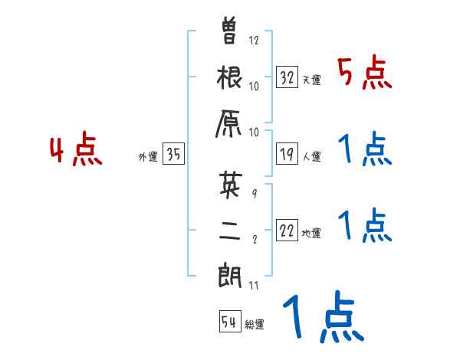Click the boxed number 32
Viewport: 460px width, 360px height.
tap(287, 77)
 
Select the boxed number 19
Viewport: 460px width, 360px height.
tap(287, 153)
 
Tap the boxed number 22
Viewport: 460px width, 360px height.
tap(287, 230)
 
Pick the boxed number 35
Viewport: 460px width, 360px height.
tap(174, 155)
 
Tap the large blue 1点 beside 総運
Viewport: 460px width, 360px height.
tap(322, 318)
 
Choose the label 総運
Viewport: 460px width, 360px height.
tap(255, 325)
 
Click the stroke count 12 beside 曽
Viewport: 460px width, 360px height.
tap(255, 40)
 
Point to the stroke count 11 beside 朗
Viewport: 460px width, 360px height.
tap(254, 285)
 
